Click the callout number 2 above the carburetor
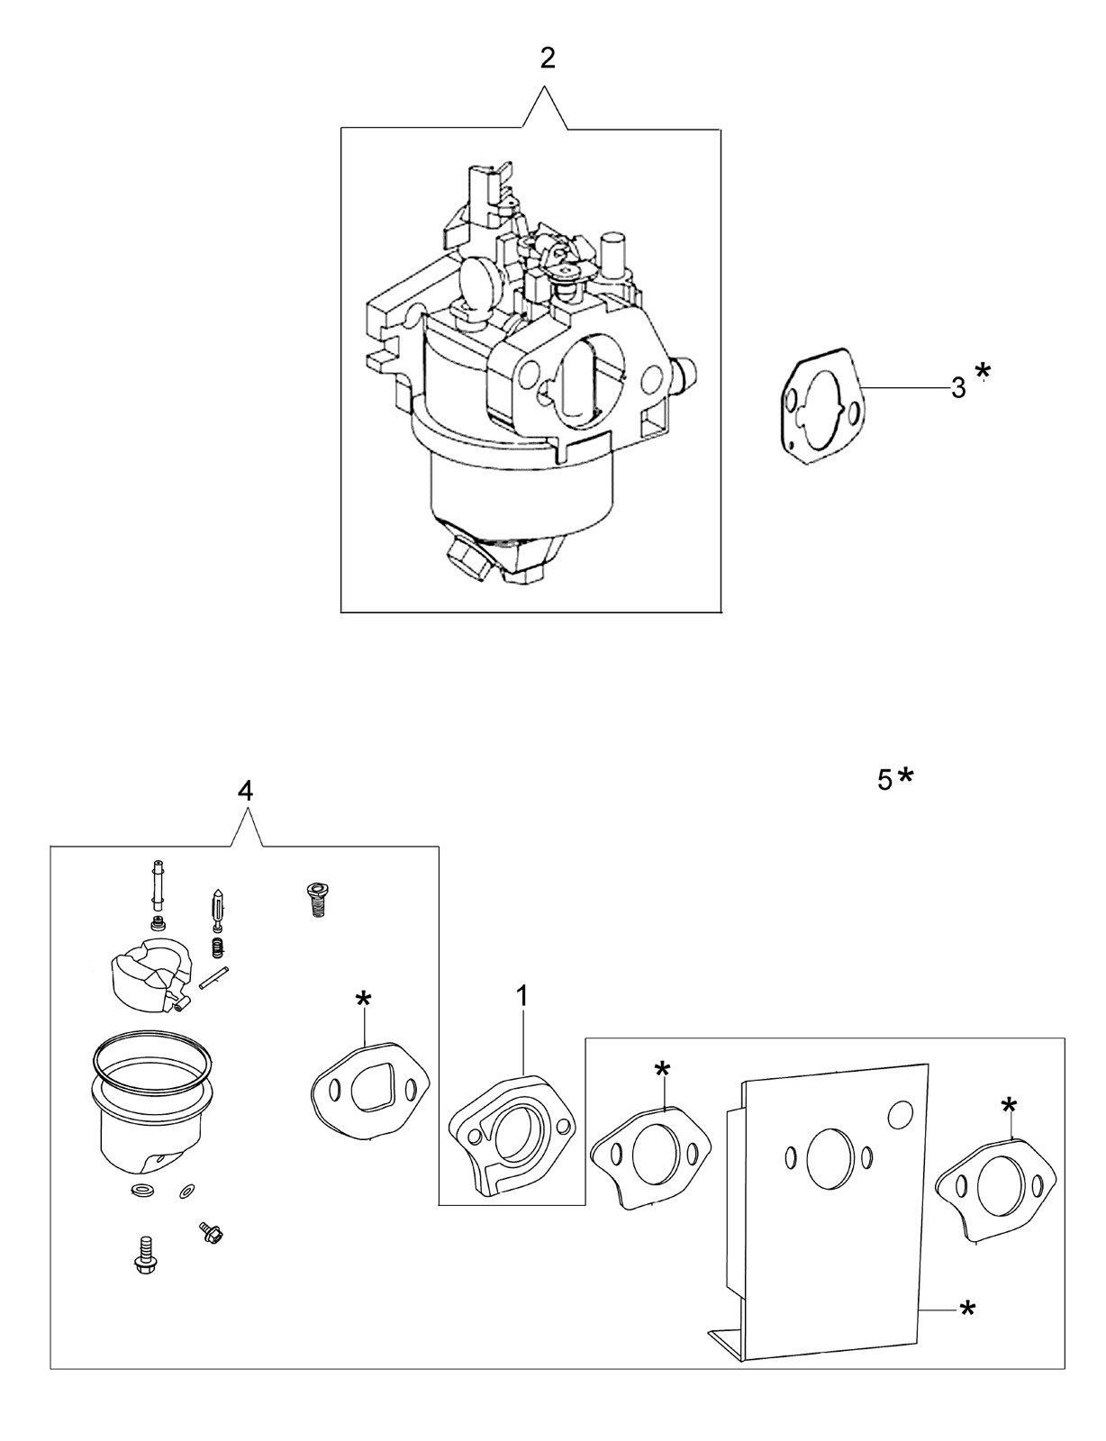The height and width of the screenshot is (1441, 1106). point(548,59)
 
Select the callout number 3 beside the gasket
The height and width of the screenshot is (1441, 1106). point(958,388)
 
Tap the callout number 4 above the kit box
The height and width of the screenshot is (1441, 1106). point(245,790)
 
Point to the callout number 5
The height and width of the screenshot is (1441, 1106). point(885,781)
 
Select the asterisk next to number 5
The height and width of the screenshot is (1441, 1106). point(905,775)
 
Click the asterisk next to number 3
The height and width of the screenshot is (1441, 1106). point(984,371)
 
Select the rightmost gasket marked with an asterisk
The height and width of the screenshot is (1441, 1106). point(994,1191)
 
